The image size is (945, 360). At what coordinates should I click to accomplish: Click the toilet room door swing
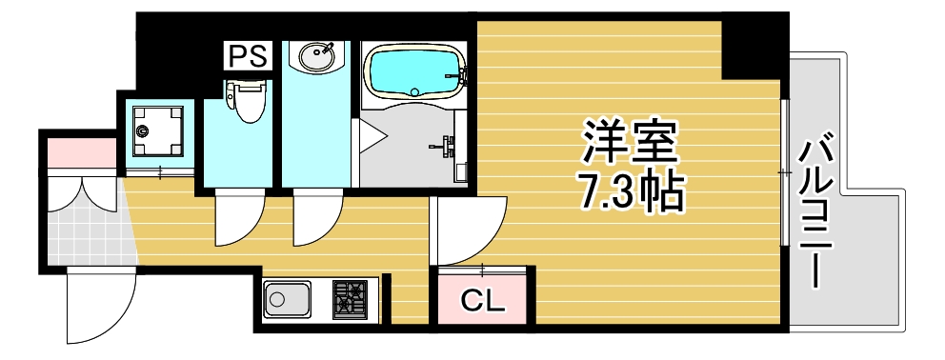point(236,217)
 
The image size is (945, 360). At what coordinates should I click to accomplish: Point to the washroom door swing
point(314,217)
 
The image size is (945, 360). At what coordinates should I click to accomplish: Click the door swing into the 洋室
point(467,230)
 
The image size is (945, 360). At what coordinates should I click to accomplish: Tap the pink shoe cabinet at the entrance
point(80,152)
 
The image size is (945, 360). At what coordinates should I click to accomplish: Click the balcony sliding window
point(784,171)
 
